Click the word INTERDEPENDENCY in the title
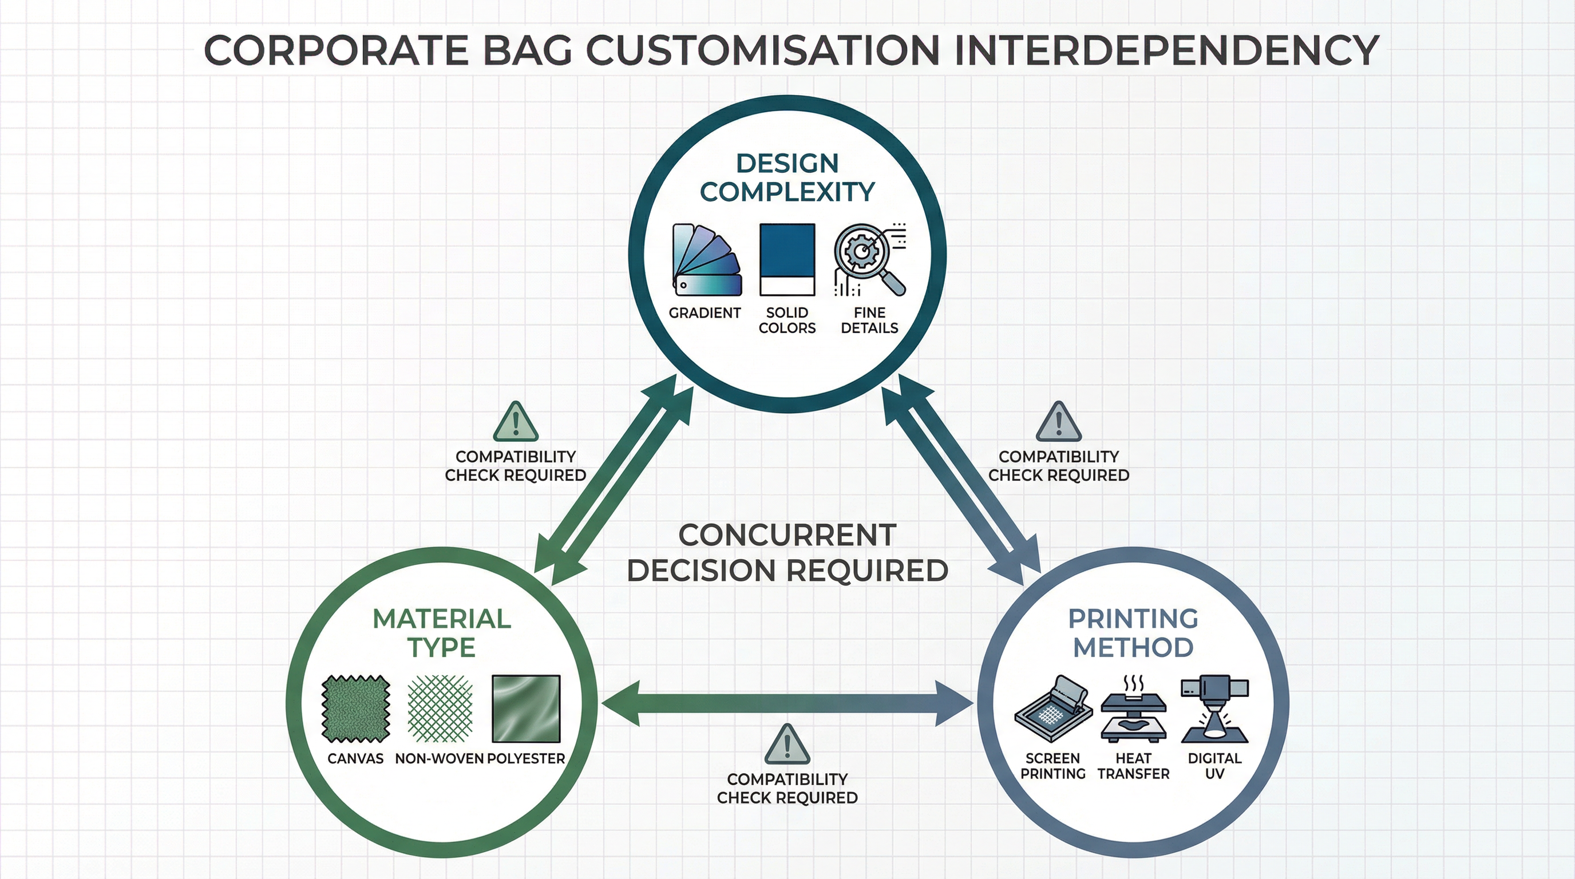[1165, 50]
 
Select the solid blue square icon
[787, 260]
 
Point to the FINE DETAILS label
[869, 320]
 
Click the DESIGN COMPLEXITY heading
[787, 177]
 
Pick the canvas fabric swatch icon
[356, 708]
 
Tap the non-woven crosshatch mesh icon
[440, 708]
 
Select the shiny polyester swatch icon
[526, 708]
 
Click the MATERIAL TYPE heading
[441, 633]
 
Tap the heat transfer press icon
[1133, 709]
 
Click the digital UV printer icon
[1214, 709]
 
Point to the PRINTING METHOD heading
[1133, 633]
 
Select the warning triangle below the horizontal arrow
[787, 745]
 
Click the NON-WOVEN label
[439, 759]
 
